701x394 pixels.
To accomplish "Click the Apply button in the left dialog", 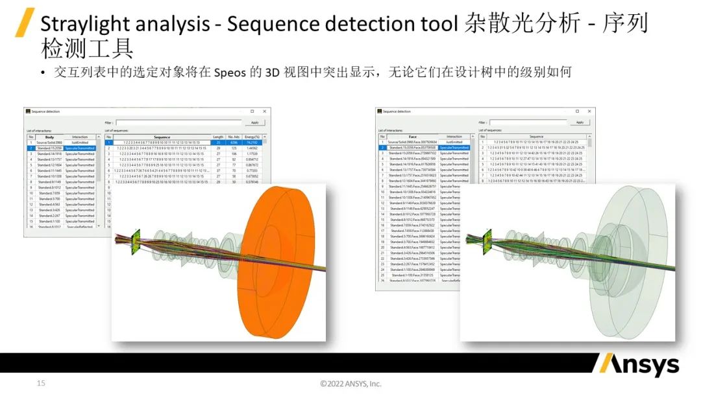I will point(254,122).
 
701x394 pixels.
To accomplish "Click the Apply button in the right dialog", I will point(580,122).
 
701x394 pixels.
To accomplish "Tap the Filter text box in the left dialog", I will point(180,122).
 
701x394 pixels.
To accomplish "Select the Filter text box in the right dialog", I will point(528,122).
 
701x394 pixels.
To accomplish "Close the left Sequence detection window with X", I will point(264,111).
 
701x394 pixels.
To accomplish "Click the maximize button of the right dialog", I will point(578,111).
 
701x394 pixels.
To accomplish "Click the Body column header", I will point(49,137).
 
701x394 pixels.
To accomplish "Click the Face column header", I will point(412,137).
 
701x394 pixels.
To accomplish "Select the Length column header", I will point(218,137).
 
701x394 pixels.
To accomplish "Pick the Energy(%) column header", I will point(253,137).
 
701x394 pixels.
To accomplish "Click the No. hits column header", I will point(235,137).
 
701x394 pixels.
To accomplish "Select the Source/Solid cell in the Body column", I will point(49,143).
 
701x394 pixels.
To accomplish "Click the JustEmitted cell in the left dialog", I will point(80,143).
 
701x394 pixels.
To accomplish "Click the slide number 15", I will point(41,384).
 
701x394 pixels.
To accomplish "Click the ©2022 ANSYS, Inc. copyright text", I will point(350,384).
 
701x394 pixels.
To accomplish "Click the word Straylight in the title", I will point(84,25).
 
